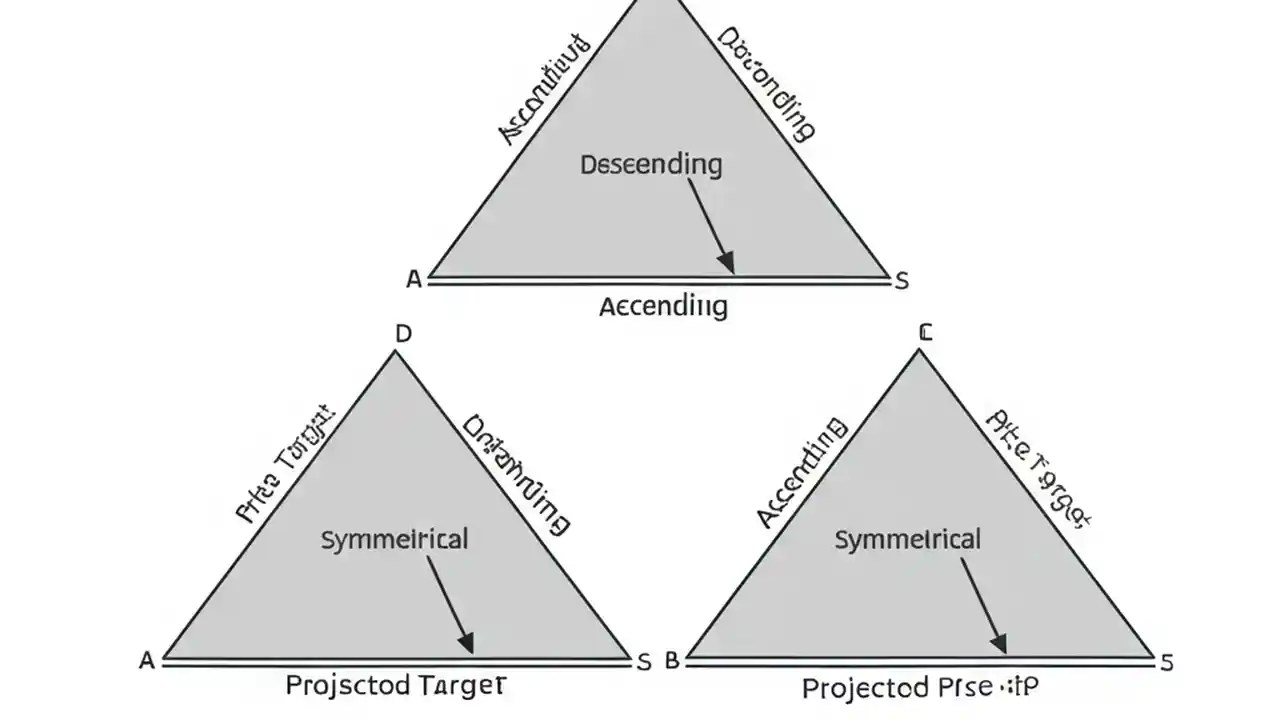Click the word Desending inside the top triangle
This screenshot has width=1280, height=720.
click(x=651, y=165)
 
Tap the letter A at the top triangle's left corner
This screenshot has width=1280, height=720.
click(x=414, y=281)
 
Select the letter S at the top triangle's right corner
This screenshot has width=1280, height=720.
click(x=901, y=281)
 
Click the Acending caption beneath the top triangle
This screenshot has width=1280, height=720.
click(x=663, y=306)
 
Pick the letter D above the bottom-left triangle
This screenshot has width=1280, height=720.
click(x=403, y=334)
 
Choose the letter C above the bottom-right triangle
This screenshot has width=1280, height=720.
click(x=925, y=333)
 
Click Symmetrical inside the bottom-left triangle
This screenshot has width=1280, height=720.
click(x=394, y=540)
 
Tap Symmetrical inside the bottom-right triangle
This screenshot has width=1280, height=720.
click(x=907, y=540)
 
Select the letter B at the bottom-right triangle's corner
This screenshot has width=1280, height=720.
click(x=672, y=661)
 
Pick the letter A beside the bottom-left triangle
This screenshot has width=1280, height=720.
click(x=147, y=661)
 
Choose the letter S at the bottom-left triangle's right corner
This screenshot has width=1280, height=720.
click(x=644, y=661)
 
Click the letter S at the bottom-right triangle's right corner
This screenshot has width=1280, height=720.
click(x=1165, y=661)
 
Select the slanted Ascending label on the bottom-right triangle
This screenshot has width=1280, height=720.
click(x=802, y=473)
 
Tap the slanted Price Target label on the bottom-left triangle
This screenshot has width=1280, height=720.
click(x=285, y=465)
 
